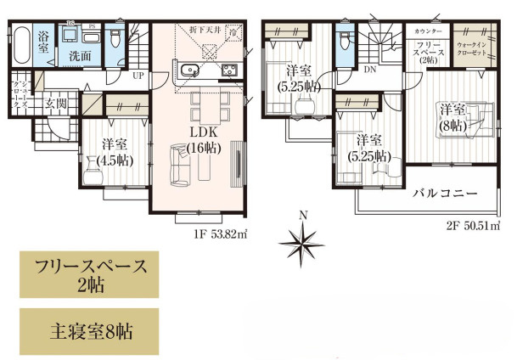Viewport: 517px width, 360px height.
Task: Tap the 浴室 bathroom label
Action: pyautogui.click(x=45, y=39)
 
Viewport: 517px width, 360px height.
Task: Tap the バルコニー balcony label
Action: pyautogui.click(x=445, y=194)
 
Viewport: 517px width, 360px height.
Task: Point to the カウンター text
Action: pyautogui.click(x=421, y=31)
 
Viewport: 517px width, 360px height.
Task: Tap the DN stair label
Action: pyautogui.click(x=370, y=70)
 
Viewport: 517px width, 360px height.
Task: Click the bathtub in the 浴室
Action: pyautogui.click(x=24, y=42)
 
